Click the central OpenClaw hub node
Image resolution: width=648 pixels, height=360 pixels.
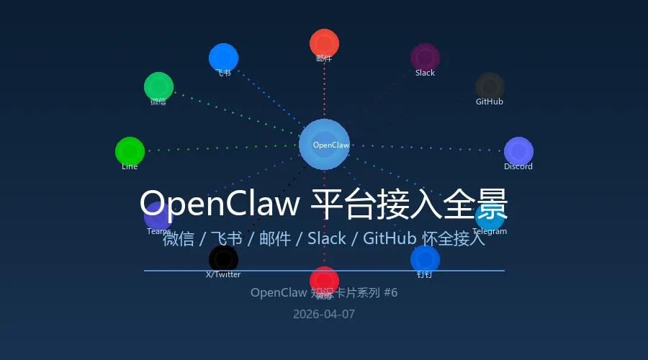[x=324, y=144]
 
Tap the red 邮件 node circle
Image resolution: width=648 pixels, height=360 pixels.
[x=324, y=43]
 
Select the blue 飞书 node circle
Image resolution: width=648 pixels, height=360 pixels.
[x=223, y=58]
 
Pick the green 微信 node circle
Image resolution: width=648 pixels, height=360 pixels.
[x=158, y=86]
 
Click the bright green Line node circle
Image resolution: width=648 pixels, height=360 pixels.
[x=130, y=151]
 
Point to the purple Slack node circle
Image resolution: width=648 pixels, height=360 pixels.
[x=425, y=58]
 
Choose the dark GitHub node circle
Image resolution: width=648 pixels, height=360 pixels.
[x=490, y=86]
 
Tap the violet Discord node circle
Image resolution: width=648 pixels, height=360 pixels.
[x=518, y=151]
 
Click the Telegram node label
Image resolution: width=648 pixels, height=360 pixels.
[x=490, y=232]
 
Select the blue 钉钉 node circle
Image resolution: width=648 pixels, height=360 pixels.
[x=425, y=259]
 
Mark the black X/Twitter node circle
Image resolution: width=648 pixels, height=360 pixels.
[x=223, y=259]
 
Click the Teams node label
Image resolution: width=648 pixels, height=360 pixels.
[x=157, y=231]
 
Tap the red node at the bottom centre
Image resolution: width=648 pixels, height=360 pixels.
[x=324, y=280]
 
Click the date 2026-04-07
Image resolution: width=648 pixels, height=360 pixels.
[x=324, y=314]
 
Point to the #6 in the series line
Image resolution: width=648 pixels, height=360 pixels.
[x=391, y=292]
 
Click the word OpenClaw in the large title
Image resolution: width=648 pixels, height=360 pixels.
[x=220, y=204]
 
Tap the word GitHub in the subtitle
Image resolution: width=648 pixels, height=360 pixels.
[x=389, y=239]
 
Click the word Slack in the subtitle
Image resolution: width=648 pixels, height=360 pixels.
[x=326, y=239]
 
